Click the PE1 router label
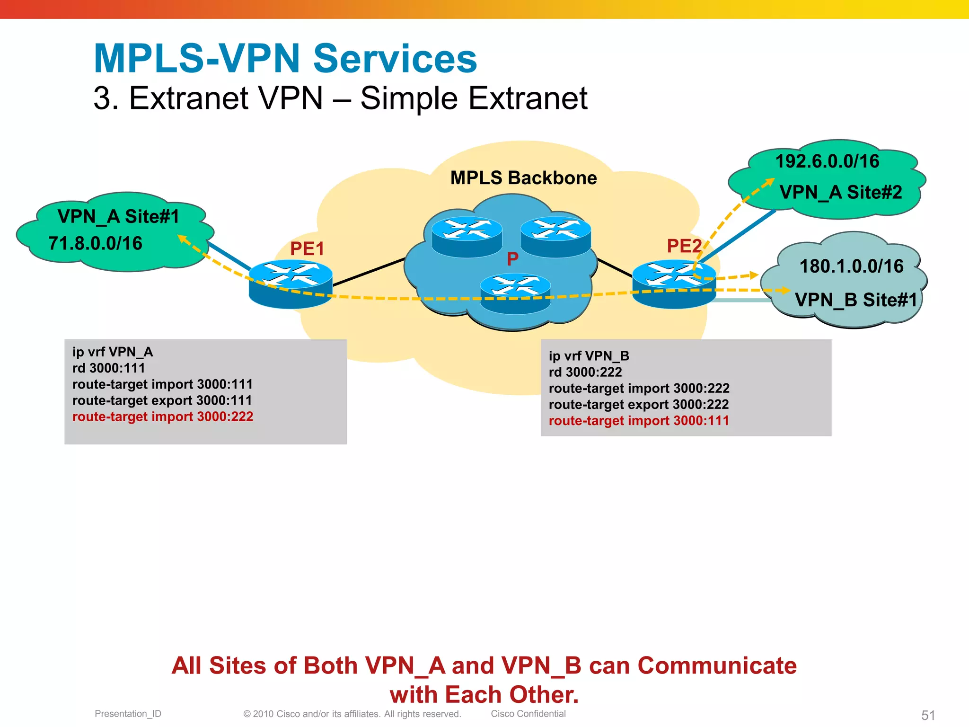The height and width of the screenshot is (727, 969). point(307,249)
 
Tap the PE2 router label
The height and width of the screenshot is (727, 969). point(684,246)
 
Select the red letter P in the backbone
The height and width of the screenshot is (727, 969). point(512,259)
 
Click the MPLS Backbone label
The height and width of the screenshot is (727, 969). point(523,178)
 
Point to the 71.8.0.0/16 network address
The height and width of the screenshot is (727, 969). point(95,243)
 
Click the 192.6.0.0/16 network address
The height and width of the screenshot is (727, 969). point(827,161)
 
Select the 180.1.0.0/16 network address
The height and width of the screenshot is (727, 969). point(851,266)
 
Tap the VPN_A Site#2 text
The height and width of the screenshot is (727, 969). point(841,192)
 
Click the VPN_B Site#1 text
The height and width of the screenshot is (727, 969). point(855,300)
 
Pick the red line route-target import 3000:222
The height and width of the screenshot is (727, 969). point(163,417)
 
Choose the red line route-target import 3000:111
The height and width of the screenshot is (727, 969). point(639,421)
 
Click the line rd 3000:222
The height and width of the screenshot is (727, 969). point(585,372)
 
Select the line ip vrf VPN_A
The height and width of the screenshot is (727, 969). point(113,352)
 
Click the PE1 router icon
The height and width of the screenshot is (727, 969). point(291,284)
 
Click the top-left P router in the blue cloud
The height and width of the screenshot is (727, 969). point(467,237)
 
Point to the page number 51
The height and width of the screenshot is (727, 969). point(928,715)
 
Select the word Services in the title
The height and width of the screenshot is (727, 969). point(395,59)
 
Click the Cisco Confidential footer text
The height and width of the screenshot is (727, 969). point(528,714)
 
